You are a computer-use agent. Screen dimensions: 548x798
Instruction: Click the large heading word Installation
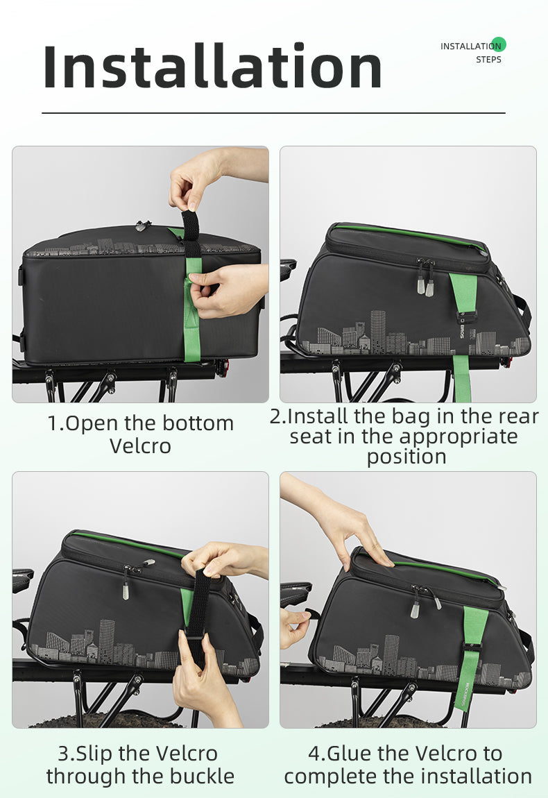click(212, 66)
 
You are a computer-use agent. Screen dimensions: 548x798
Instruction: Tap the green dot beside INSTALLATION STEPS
click(499, 44)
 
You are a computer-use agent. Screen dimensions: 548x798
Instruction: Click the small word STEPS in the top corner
click(488, 60)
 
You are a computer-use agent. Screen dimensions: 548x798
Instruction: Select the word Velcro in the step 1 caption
click(140, 446)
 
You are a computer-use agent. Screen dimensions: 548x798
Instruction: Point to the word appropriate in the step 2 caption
click(459, 437)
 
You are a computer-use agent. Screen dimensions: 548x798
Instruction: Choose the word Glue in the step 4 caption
click(348, 754)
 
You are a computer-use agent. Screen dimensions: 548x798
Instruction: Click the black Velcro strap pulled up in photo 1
click(191, 233)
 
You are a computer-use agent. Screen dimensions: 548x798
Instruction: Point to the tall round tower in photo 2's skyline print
click(377, 331)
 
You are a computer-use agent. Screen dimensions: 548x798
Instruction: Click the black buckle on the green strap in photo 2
click(466, 319)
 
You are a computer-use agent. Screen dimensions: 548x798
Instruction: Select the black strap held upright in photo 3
click(198, 606)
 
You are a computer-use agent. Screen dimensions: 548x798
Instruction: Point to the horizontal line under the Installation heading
click(274, 113)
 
